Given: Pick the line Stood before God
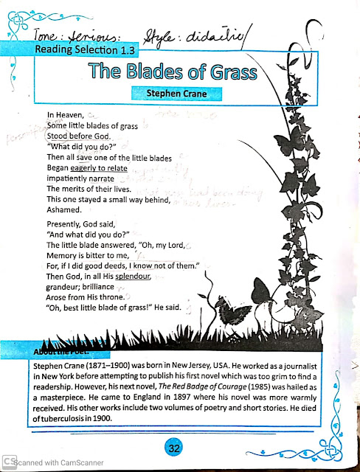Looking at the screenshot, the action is [78, 136].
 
